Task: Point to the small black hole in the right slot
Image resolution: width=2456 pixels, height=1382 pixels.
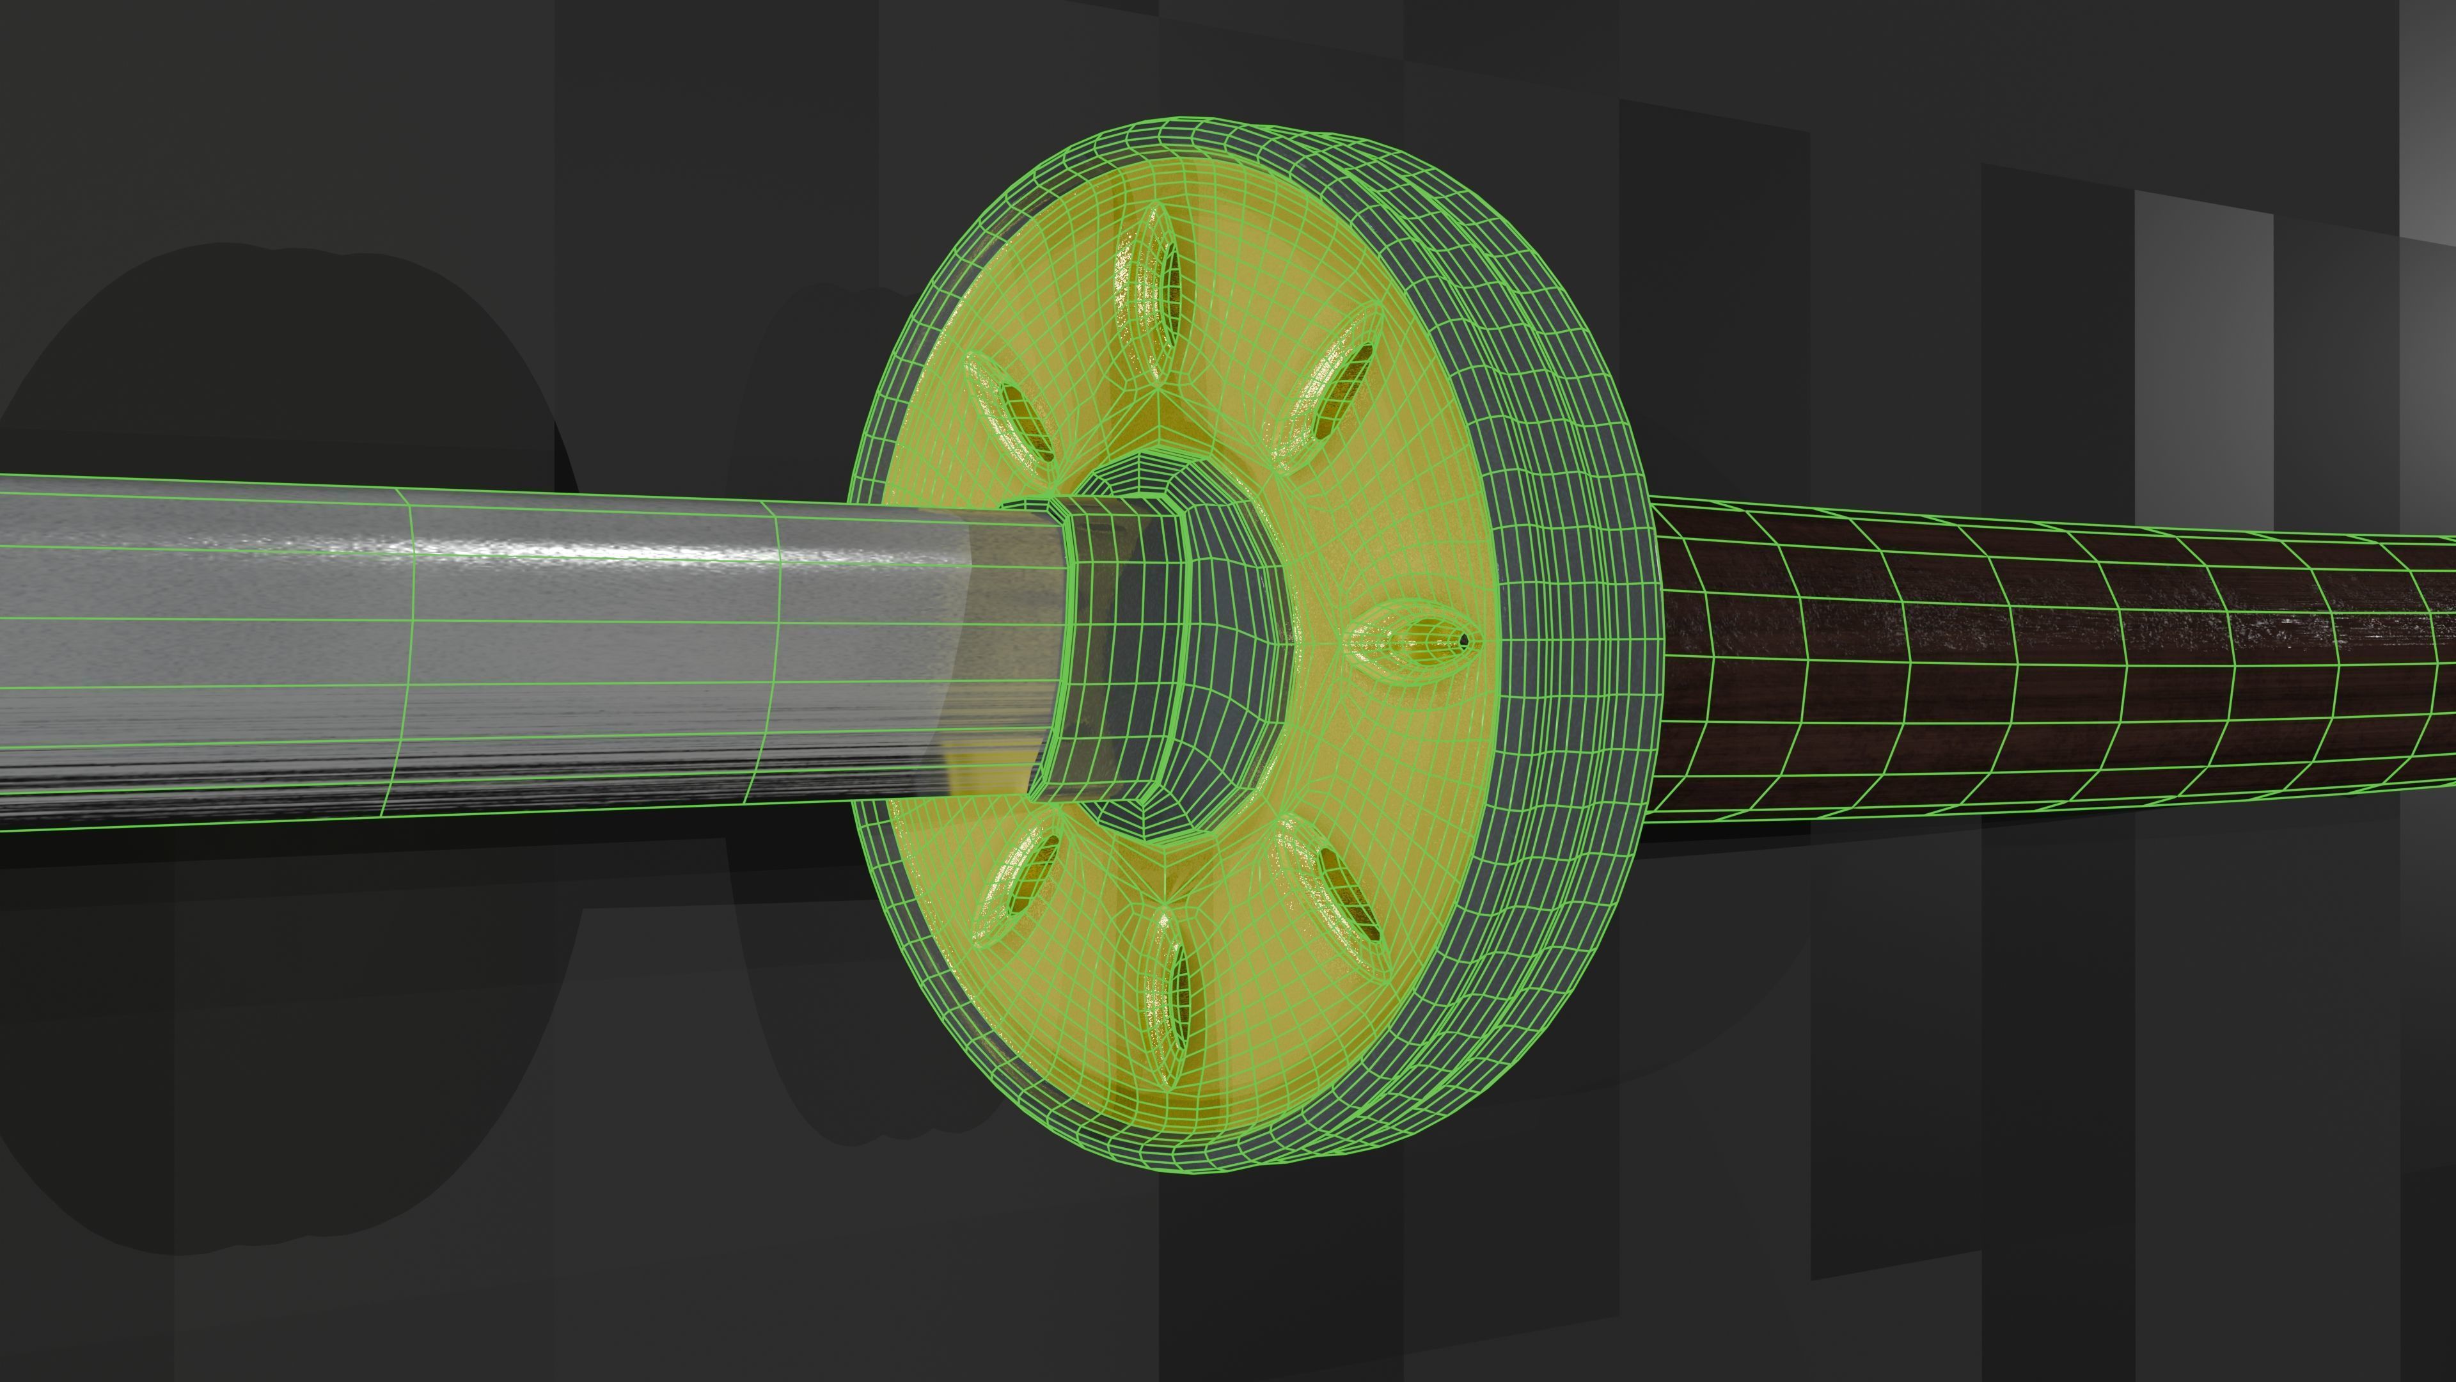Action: click(1463, 638)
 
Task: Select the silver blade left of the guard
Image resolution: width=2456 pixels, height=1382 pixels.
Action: click(476, 658)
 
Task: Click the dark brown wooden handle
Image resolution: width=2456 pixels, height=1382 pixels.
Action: click(2002, 667)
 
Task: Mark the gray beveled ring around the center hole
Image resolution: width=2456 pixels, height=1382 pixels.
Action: click(1230, 658)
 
